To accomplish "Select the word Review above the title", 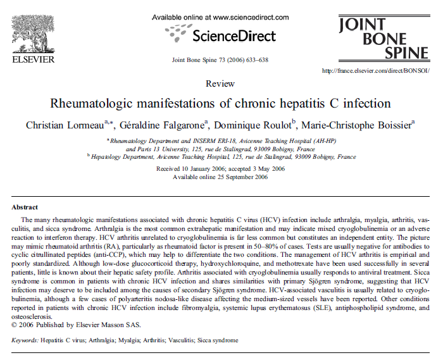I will [219, 84].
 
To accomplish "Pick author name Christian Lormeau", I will [63, 125].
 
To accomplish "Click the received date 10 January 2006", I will [189, 169].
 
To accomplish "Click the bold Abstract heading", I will [25, 207].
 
